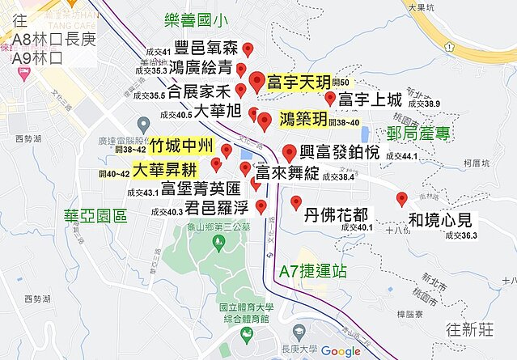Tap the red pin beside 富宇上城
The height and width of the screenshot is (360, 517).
[x=330, y=99]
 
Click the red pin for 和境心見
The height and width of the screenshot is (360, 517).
[x=401, y=199]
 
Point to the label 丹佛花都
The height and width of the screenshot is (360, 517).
[x=337, y=216]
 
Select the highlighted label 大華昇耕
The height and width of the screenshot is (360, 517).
[x=164, y=171]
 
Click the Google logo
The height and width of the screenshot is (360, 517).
[x=341, y=350]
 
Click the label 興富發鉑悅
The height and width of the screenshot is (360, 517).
[x=339, y=151]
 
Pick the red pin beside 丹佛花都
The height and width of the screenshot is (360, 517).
[x=295, y=202]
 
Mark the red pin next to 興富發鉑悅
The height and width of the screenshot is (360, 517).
[x=290, y=151]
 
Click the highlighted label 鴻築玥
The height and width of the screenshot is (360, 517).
[x=303, y=121]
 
